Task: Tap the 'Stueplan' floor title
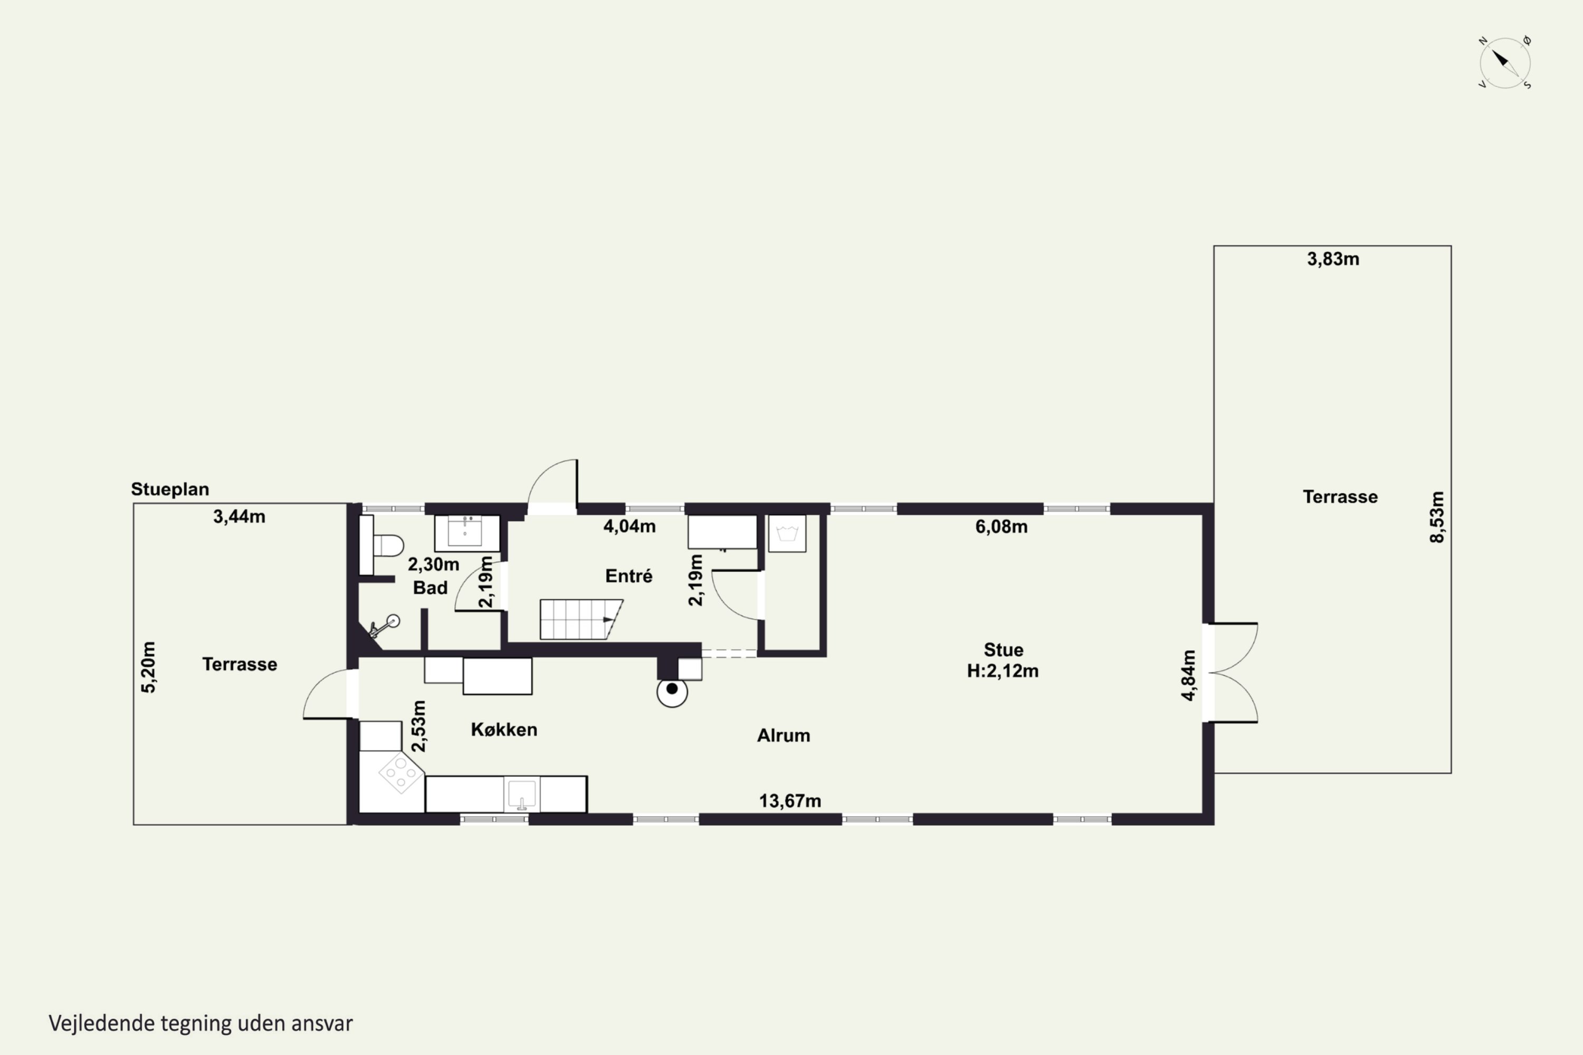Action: (169, 489)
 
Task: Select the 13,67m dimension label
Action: (790, 801)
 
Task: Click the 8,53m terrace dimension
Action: (1436, 517)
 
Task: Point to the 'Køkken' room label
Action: (504, 730)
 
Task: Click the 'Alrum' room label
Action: (784, 735)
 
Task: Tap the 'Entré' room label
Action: (628, 576)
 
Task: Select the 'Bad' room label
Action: (430, 588)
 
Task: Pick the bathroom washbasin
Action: (466, 533)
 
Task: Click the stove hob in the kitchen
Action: (401, 773)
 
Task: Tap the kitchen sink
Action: (522, 794)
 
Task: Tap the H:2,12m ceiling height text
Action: (1003, 671)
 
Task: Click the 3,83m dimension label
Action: (1333, 259)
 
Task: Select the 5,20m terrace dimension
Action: (148, 667)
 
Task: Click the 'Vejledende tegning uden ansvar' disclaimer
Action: (201, 1023)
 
